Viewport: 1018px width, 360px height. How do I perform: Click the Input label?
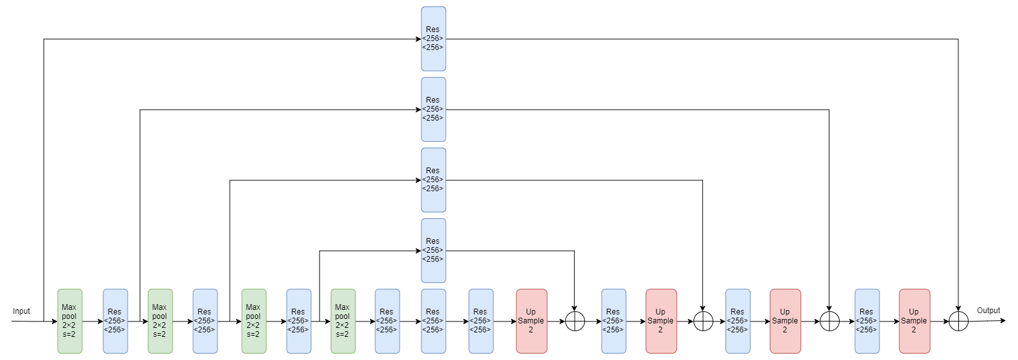pyautogui.click(x=21, y=311)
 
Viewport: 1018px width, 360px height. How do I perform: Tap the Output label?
pyautogui.click(x=988, y=311)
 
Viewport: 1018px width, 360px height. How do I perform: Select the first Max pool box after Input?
pyautogui.click(x=70, y=321)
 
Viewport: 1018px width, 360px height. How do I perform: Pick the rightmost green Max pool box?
pyautogui.click(x=343, y=321)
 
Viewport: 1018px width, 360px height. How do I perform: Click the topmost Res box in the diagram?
pyautogui.click(x=434, y=39)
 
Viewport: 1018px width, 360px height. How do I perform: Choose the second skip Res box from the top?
pyautogui.click(x=434, y=109)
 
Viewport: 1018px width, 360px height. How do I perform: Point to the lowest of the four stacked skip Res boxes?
pyautogui.click(x=434, y=250)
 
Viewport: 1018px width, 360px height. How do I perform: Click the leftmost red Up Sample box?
pyautogui.click(x=532, y=321)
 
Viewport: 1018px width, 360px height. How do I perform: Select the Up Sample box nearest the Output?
pyautogui.click(x=914, y=321)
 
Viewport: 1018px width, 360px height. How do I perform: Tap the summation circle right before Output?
pyautogui.click(x=958, y=321)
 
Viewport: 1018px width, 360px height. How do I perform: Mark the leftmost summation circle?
pyautogui.click(x=575, y=321)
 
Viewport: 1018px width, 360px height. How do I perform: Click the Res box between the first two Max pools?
pyautogui.click(x=115, y=321)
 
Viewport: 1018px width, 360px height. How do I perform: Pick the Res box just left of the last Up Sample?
pyautogui.click(x=867, y=321)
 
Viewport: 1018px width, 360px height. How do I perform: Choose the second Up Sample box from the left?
pyautogui.click(x=661, y=321)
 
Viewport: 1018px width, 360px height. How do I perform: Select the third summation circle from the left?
pyautogui.click(x=829, y=321)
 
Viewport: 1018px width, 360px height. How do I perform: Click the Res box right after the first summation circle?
pyautogui.click(x=614, y=321)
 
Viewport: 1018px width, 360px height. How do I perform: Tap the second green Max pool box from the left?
pyautogui.click(x=160, y=321)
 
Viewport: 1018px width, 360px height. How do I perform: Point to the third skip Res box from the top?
pyautogui.click(x=434, y=180)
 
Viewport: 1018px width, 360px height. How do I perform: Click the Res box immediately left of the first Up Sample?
pyautogui.click(x=481, y=321)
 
